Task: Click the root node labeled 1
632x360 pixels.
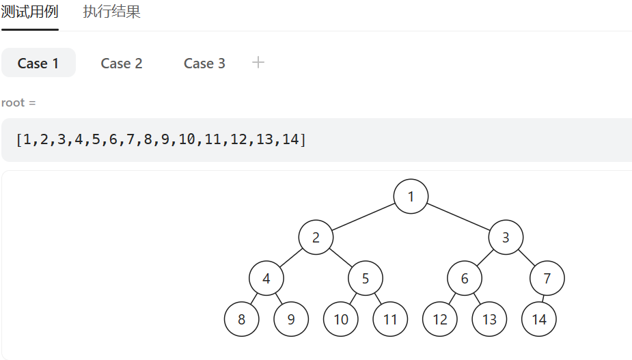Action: [x=411, y=196]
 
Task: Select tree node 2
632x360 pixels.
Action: [x=316, y=238]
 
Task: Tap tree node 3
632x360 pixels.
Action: [x=506, y=238]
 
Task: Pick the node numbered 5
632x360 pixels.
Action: [x=366, y=278]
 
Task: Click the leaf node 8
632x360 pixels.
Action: [x=241, y=319]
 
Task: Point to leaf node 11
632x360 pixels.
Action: [x=390, y=319]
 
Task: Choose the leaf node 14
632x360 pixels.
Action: [x=539, y=319]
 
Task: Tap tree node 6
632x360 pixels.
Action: [x=465, y=278]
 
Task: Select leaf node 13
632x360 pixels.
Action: [x=489, y=319]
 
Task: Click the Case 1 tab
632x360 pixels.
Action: [x=38, y=63]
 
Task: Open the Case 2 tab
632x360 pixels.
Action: [x=122, y=64]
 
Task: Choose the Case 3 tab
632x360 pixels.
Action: [x=204, y=64]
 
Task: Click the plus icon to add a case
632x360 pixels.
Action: [x=258, y=62]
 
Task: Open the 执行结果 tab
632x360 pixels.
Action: [x=111, y=12]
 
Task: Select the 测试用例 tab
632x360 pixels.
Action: [x=30, y=12]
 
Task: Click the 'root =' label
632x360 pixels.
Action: [x=18, y=102]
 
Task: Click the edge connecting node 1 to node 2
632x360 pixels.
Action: [x=363, y=217]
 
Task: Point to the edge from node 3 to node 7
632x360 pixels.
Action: [x=526, y=258]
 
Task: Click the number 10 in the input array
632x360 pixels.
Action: [x=187, y=139]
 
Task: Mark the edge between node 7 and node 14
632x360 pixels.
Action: [x=542, y=299]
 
